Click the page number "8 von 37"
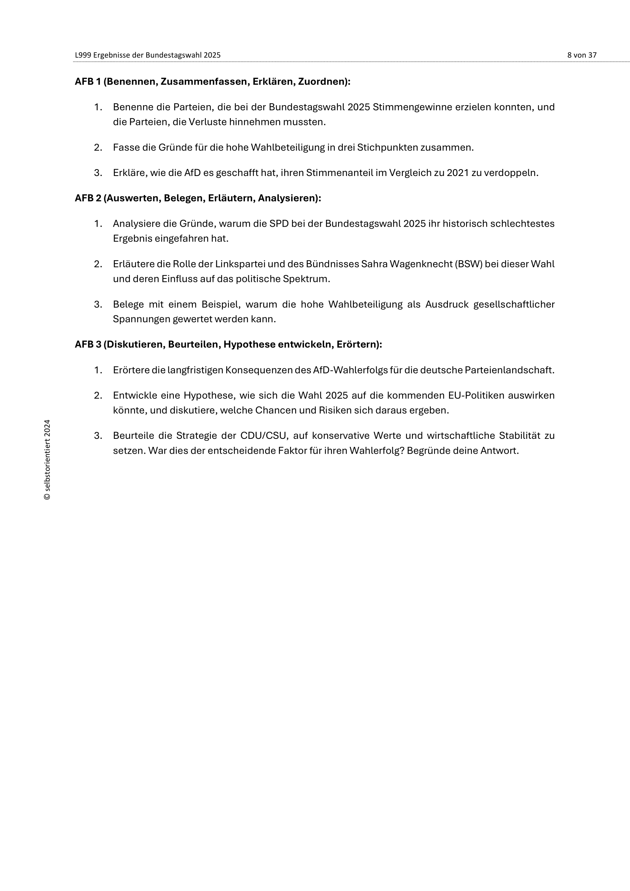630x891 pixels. (582, 55)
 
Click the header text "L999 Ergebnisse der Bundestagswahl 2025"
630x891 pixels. (147, 55)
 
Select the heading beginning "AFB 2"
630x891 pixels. (198, 198)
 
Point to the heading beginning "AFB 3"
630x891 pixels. (228, 345)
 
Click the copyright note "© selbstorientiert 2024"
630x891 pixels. (47, 459)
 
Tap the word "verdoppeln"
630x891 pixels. (516, 173)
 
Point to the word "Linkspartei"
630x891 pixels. (239, 264)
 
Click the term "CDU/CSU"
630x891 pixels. (264, 436)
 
